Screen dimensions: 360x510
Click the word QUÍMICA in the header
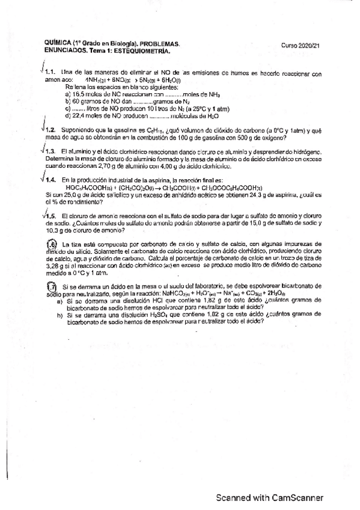coord(58,43)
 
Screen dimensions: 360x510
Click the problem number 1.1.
coord(50,73)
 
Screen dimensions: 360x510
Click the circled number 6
coord(52,244)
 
